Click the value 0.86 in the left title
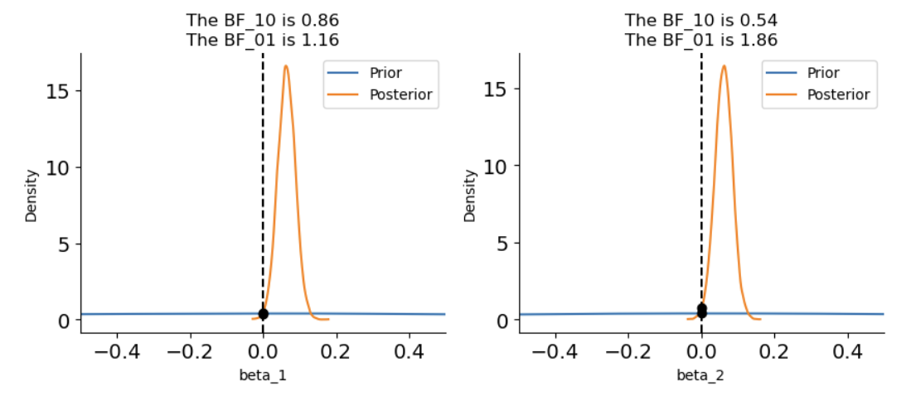pyautogui.click(x=322, y=18)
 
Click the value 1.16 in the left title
pyautogui.click(x=322, y=39)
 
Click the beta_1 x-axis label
pyautogui.click(x=263, y=375)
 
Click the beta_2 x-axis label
pyautogui.click(x=701, y=375)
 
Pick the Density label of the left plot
pyautogui.click(x=31, y=195)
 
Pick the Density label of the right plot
pyautogui.click(x=470, y=195)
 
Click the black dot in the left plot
pyautogui.click(x=263, y=313)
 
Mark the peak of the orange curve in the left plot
pyautogui.click(x=286, y=66)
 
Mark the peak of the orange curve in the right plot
pyautogui.click(x=724, y=66)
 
